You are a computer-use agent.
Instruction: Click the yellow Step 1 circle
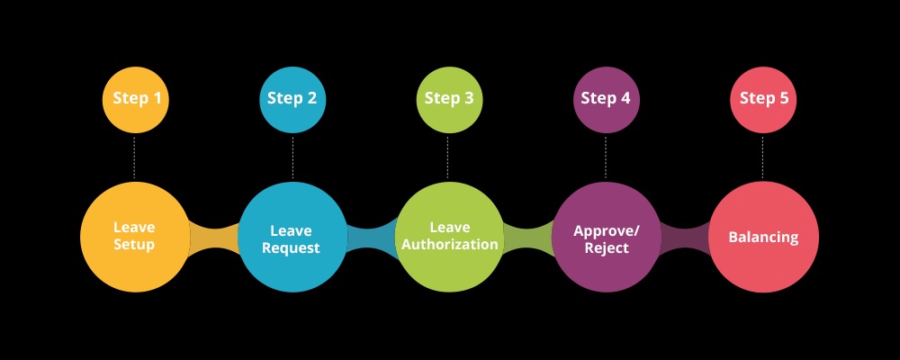pos(136,100)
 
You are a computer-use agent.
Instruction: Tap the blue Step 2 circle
pos(292,100)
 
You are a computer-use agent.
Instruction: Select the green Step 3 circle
pos(449,100)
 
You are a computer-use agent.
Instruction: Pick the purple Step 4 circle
pos(606,100)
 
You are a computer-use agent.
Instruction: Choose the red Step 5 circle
pos(763,100)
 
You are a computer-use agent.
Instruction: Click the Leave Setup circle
pos(135,237)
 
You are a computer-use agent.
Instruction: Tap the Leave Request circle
pos(292,237)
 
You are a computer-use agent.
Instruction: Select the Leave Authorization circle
pos(449,237)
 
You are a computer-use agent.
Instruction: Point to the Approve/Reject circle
pos(607,237)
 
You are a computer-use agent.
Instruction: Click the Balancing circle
pos(764,237)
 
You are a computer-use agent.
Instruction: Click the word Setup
pos(134,245)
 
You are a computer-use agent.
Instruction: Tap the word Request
pos(291,248)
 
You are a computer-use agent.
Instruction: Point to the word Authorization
pos(449,245)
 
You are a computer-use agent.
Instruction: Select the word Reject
pos(607,248)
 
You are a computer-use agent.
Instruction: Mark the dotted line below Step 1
pos(134,157)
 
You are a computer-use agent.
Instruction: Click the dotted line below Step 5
pos(763,157)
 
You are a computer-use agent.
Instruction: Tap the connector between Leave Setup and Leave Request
pos(213,237)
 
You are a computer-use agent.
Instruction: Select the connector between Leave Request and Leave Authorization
pos(371,237)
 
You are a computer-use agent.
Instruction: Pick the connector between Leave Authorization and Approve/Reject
pos(528,237)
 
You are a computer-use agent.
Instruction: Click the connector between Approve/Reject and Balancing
pos(685,237)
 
